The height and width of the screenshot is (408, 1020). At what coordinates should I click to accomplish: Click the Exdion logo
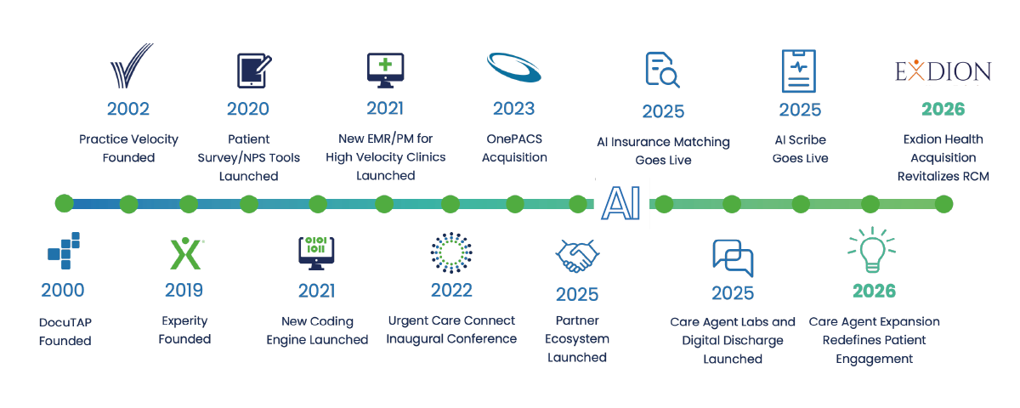pos(943,71)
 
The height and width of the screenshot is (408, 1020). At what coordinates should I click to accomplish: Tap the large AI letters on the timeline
pos(621,203)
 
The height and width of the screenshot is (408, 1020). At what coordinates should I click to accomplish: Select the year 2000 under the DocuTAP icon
pos(63,290)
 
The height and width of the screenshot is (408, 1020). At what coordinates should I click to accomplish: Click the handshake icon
pos(577,256)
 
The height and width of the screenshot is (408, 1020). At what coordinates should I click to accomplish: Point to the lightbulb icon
pos(871,250)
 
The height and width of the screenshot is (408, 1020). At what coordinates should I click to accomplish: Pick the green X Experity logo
pos(186,253)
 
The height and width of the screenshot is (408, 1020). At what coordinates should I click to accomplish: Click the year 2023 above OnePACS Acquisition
pos(513,109)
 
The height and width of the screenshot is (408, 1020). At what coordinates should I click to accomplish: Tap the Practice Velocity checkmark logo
pos(132,65)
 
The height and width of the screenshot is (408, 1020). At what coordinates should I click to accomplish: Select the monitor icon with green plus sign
pos(386,71)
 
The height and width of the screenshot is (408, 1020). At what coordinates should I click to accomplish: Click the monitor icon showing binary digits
pos(316,253)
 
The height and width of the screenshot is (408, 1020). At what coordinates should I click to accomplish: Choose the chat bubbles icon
pos(733,258)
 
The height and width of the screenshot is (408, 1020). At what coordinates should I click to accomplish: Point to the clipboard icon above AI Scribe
pos(799,71)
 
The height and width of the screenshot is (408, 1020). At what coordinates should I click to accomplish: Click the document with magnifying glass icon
pos(662,70)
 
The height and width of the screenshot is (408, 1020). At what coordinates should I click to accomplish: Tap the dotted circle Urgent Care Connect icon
pos(451,252)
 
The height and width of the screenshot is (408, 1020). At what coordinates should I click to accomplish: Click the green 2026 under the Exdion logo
pos(943,110)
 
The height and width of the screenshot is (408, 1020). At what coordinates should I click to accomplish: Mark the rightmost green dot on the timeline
pos(944,204)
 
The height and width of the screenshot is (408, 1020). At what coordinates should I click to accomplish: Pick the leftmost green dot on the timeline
pos(65,203)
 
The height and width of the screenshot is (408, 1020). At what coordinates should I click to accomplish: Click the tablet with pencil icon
pos(254,71)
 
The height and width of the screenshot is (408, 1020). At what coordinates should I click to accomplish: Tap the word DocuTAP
pos(65,322)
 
